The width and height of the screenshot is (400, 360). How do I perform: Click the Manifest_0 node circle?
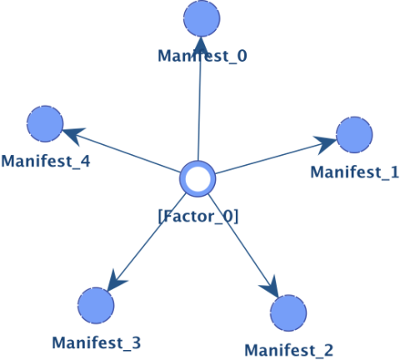[x=202, y=18]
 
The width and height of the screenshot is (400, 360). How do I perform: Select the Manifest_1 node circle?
[x=354, y=135]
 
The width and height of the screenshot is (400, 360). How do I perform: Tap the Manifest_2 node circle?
[x=288, y=313]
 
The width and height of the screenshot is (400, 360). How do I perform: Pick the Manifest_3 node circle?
[x=96, y=306]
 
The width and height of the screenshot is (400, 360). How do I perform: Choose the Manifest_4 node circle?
[x=45, y=124]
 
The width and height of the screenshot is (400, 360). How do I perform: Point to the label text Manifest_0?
[x=202, y=56]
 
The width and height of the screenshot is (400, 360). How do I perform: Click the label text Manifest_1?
[x=355, y=172]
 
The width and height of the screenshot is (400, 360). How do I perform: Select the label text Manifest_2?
[x=289, y=350]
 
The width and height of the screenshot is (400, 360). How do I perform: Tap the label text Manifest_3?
[x=97, y=342]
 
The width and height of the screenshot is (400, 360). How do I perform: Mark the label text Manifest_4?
[x=46, y=161]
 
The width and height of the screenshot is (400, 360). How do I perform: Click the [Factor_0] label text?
[x=198, y=216]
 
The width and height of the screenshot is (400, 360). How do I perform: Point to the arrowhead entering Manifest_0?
[x=201, y=44]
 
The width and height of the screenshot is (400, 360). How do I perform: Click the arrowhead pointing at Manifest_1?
[x=325, y=144]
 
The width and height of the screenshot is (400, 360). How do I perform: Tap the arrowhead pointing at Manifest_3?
[x=116, y=281]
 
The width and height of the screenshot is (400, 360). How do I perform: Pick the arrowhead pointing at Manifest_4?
[x=74, y=135]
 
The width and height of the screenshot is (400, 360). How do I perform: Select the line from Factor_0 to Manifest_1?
[x=276, y=157]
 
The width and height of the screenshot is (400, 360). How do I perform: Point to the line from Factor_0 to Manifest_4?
[x=122, y=152]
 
